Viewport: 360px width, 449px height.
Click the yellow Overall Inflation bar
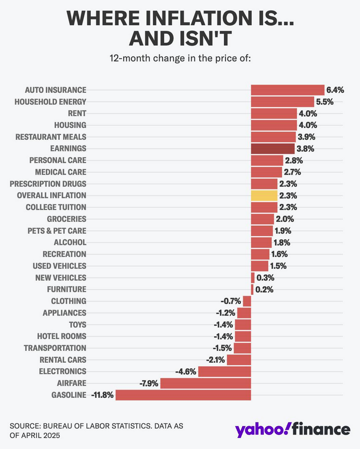click(264, 195)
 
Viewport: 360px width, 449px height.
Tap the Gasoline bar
click(183, 395)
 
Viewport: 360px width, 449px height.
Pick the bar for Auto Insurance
click(288, 90)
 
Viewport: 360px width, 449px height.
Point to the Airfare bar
click(206, 383)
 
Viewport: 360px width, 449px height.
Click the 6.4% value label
click(335, 90)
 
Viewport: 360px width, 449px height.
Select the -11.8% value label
click(102, 395)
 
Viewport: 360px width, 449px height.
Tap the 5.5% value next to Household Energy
click(325, 102)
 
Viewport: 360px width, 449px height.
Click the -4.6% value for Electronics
click(186, 372)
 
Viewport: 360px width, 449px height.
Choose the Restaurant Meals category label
click(51, 136)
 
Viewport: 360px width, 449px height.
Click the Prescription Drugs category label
click(48, 184)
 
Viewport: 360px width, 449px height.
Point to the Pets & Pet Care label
click(57, 231)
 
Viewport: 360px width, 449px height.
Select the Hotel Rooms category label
click(62, 336)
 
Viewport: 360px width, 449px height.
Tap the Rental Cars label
click(63, 360)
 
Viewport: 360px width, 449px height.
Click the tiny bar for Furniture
click(252, 289)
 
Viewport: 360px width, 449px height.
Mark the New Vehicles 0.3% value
click(265, 278)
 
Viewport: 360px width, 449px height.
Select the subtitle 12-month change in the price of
click(180, 58)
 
